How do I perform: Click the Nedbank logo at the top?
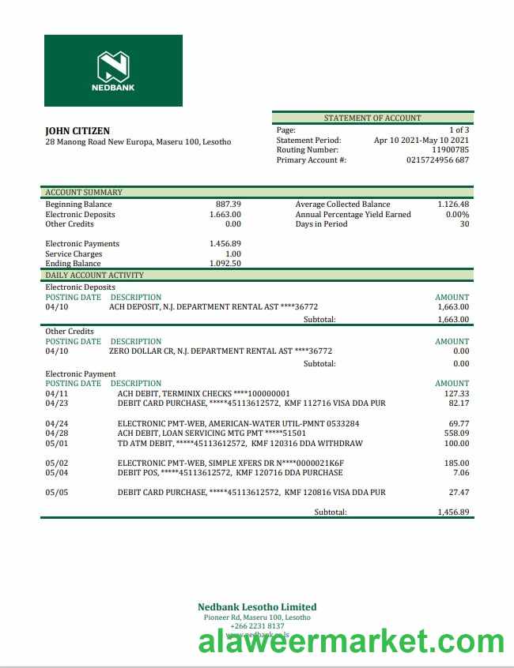click(x=113, y=70)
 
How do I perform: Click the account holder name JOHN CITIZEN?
click(x=77, y=131)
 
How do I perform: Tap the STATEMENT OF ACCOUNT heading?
click(x=372, y=118)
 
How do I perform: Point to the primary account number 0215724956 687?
click(x=437, y=160)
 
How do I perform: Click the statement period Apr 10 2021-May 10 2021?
click(x=421, y=141)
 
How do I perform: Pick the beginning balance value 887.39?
click(x=229, y=205)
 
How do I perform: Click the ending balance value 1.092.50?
click(x=225, y=264)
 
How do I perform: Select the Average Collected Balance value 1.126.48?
click(x=453, y=205)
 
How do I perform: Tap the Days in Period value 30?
click(x=464, y=224)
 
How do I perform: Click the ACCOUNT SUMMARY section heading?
click(x=84, y=192)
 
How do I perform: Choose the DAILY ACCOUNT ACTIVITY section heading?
click(x=95, y=275)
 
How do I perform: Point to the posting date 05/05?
click(x=57, y=493)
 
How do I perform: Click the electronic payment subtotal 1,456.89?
click(x=453, y=512)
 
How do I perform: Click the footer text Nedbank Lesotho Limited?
click(x=257, y=607)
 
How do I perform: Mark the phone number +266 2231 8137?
click(x=257, y=626)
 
